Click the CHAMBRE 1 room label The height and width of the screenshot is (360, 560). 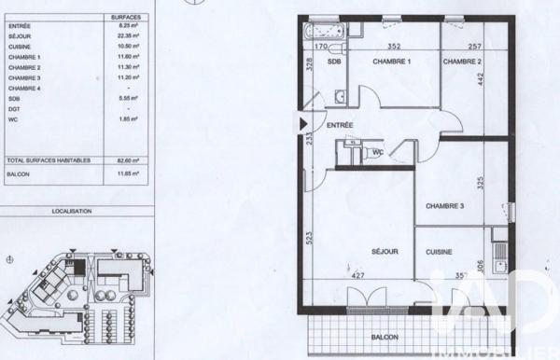392,62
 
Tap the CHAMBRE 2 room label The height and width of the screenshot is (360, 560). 462,62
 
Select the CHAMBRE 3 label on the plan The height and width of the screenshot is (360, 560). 445,206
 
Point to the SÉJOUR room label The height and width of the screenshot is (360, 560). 385,252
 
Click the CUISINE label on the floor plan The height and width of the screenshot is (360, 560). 440,252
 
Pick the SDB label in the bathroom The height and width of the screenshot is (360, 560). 333,62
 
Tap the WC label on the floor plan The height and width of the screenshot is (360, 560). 378,151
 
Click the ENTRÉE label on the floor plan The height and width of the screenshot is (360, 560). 340,124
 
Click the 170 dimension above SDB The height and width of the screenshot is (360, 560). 320,45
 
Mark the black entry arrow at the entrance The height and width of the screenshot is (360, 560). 301,122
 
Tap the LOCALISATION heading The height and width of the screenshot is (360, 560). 72,212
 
